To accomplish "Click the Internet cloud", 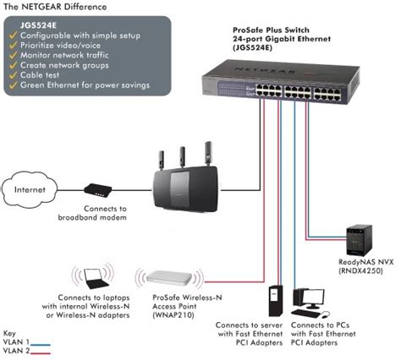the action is (x=30, y=189).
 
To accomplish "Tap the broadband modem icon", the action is (x=98, y=190).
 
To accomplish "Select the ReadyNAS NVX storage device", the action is (x=359, y=240).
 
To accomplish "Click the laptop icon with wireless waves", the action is (x=93, y=279).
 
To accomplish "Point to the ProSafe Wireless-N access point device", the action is (x=169, y=278).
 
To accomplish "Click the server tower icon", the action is (x=276, y=301).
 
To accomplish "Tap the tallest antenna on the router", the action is (x=208, y=154).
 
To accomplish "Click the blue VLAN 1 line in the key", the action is (x=41, y=345).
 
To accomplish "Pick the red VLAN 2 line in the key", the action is (x=41, y=353).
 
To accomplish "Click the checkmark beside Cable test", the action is (x=14, y=75).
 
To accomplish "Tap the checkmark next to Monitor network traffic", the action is (x=14, y=55).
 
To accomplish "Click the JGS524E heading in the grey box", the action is (x=38, y=25).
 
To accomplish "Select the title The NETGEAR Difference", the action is (x=55, y=7).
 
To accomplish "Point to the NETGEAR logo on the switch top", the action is (x=264, y=69).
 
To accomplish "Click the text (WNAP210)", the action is (x=173, y=315).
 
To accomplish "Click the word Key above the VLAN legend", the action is (x=9, y=334).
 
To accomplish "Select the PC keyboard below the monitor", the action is (x=305, y=313).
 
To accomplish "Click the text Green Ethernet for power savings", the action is (x=85, y=85).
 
